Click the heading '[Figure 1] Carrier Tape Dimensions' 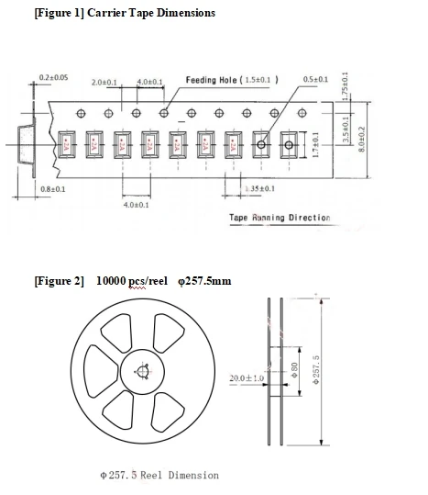pyautogui.click(x=125, y=13)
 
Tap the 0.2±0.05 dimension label pyautogui.click(x=53, y=76)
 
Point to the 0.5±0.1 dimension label pyautogui.click(x=315, y=80)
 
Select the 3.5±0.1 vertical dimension pyautogui.click(x=346, y=129)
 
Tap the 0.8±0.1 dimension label pyautogui.click(x=52, y=188)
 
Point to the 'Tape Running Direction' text pyautogui.click(x=280, y=218)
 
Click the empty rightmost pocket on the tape pyautogui.click(x=290, y=144)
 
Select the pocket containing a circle pyautogui.click(x=262, y=144)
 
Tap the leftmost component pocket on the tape pyautogui.click(x=67, y=144)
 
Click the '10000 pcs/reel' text pyautogui.click(x=132, y=279)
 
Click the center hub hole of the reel pyautogui.click(x=140, y=372)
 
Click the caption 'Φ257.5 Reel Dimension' pyautogui.click(x=159, y=475)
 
